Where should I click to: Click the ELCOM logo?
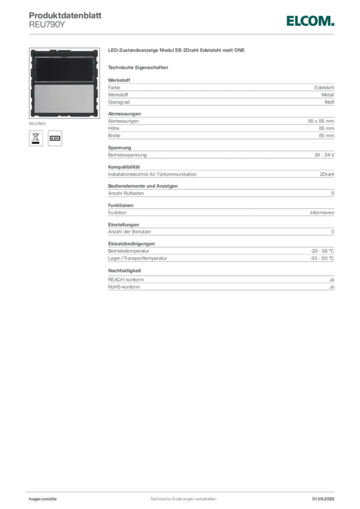(310, 21)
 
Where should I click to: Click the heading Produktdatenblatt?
(65, 15)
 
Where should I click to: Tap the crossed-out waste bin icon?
(36, 138)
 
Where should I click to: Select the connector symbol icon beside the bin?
(55, 138)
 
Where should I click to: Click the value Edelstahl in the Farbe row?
(324, 87)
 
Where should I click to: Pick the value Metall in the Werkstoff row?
(328, 95)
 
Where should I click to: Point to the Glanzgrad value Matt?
(329, 102)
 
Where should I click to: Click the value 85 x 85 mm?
(321, 121)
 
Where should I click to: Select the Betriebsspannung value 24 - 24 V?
(324, 155)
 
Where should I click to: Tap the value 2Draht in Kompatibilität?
(327, 174)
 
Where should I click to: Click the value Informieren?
(322, 213)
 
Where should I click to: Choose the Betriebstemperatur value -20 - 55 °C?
(322, 251)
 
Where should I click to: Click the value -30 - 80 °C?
(322, 258)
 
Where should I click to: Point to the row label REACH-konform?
(126, 279)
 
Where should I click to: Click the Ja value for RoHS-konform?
(332, 287)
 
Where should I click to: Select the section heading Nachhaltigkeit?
(124, 271)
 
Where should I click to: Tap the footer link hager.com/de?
(43, 499)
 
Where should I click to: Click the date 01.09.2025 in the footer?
(323, 499)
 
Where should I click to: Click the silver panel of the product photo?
(64, 99)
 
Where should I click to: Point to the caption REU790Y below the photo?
(37, 124)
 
